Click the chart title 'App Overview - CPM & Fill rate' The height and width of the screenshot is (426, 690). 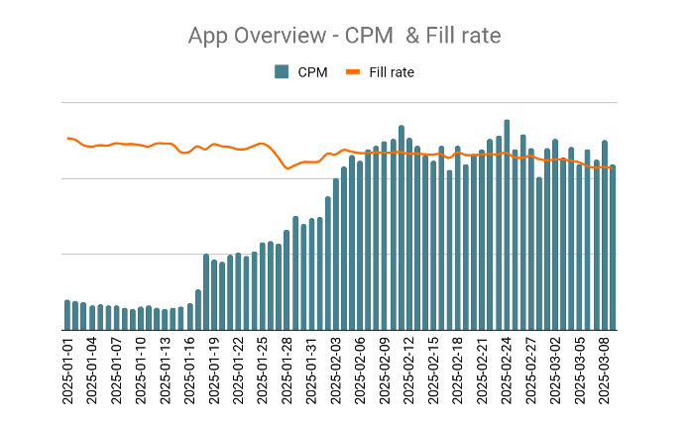(344, 36)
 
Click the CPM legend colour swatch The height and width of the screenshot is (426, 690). (282, 72)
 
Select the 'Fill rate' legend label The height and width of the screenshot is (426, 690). (392, 72)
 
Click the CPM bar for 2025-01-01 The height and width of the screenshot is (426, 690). (67, 315)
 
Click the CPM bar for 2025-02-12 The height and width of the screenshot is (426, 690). (402, 228)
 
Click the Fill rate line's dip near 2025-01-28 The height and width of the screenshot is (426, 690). (287, 168)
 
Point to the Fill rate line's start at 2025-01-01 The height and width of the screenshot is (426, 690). (67, 138)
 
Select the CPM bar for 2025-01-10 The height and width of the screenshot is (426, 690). (141, 319)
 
